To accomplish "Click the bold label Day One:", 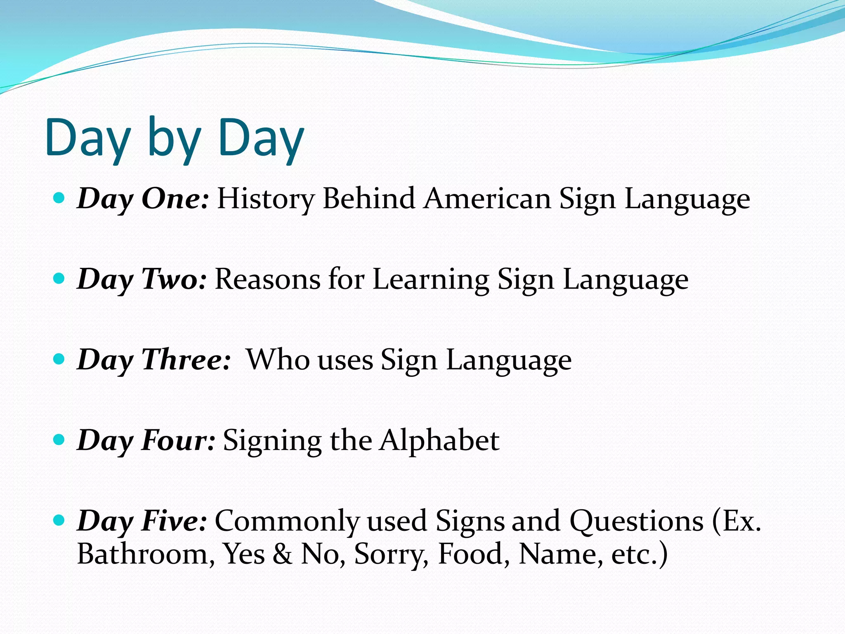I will [143, 199].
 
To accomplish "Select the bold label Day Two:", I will [142, 279].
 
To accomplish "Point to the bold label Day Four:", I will [146, 440].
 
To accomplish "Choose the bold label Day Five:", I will [142, 521].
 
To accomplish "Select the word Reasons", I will [267, 279].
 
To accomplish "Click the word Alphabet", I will [439, 440].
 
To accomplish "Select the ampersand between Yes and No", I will [282, 554].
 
